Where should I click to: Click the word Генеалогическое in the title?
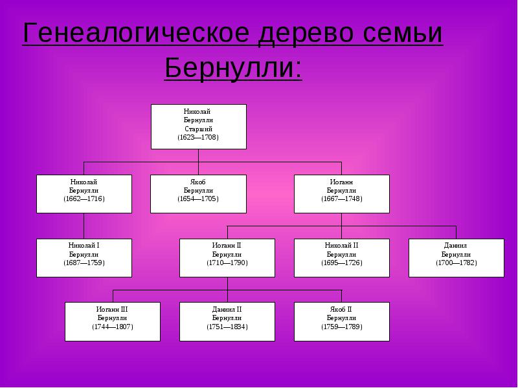click(136, 33)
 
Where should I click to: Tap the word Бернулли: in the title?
click(233, 68)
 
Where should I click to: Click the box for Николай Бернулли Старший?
click(199, 127)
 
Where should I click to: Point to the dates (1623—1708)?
click(198, 137)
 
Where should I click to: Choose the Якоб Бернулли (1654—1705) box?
click(198, 194)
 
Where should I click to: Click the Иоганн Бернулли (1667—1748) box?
click(342, 194)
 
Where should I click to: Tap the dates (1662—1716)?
click(84, 199)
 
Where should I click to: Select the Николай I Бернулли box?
click(84, 258)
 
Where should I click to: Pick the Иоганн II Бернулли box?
click(227, 258)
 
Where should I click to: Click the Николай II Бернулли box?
click(342, 258)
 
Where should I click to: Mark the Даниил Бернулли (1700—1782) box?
click(456, 258)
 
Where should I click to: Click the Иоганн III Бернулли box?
click(113, 321)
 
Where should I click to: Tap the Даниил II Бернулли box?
click(227, 321)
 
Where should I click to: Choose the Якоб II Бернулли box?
click(342, 321)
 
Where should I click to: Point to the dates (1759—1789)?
click(342, 327)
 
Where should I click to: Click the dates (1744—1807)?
click(113, 327)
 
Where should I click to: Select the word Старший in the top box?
click(198, 129)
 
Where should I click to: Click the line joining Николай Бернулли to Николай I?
click(84, 226)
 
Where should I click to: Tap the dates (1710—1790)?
click(227, 263)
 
